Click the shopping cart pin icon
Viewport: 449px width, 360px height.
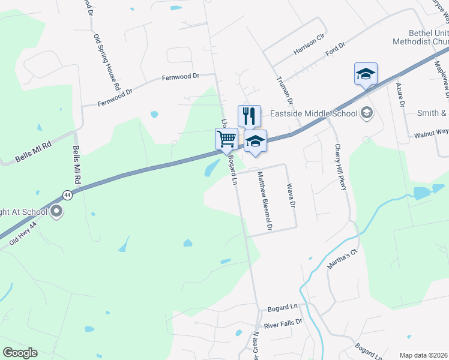pos(227,139)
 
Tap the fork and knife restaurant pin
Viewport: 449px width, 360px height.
pos(249,115)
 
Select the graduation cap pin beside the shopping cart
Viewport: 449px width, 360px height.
pos(255,141)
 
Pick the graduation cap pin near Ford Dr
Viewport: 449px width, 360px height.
pos(366,74)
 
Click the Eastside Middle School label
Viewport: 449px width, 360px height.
pos(313,112)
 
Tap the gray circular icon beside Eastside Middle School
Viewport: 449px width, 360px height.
pos(366,113)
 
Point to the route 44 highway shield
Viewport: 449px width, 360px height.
pos(67,194)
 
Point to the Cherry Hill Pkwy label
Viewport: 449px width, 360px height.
pos(341,168)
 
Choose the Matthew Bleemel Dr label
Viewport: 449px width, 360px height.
pos(265,202)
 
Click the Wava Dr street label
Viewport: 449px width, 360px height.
pos(292,196)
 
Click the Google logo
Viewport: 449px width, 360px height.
pos(20,352)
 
